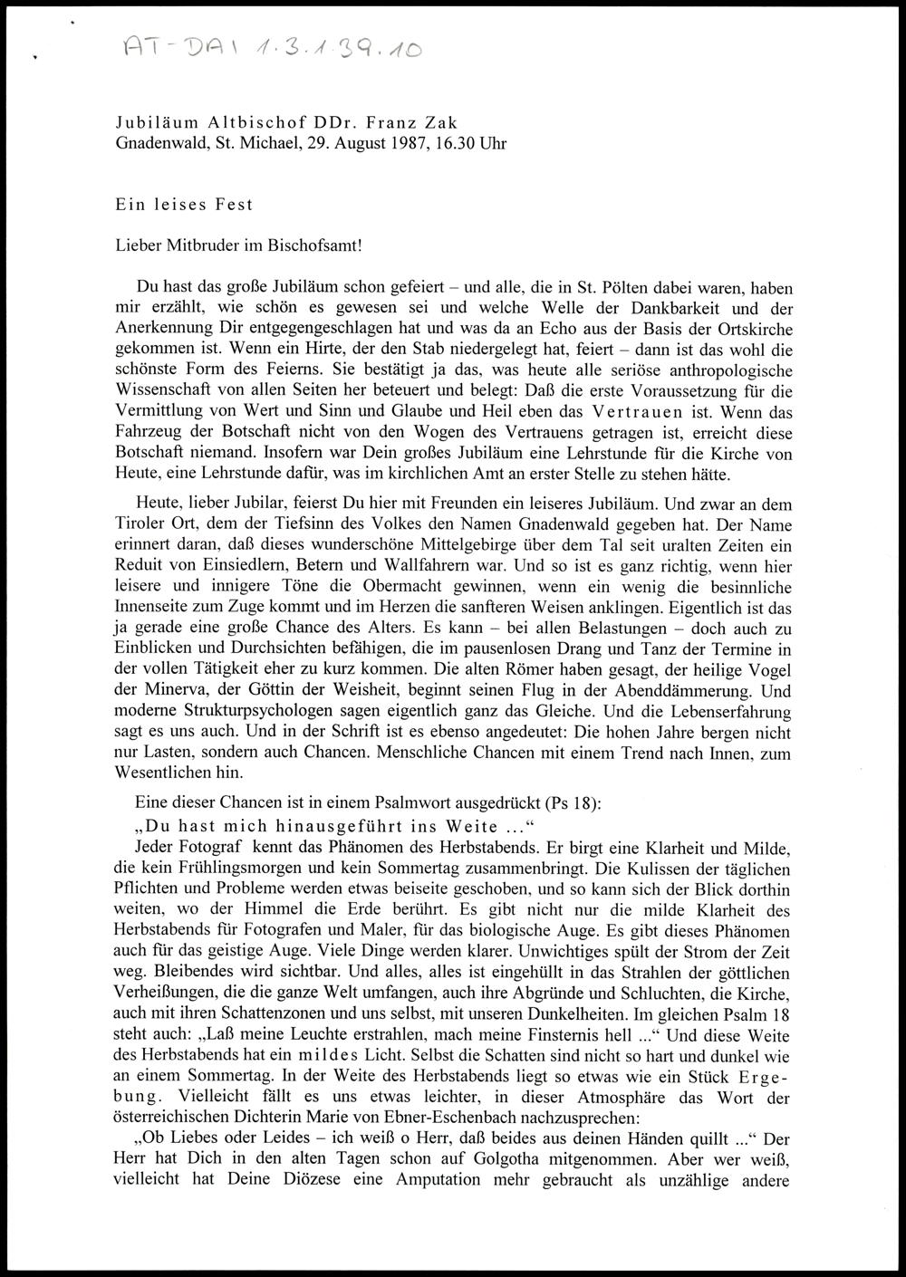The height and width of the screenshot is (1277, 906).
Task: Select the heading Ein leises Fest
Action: tap(184, 205)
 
